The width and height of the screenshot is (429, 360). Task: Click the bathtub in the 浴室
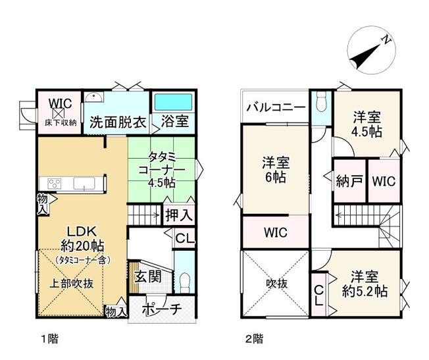coord(174,103)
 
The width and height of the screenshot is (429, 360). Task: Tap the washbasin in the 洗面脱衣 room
coord(94,97)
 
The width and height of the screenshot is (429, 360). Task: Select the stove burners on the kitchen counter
coord(54,183)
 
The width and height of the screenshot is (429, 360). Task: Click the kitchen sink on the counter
coord(84,183)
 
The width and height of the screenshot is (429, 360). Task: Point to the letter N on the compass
coord(386,40)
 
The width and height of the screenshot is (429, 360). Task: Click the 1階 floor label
coord(49,339)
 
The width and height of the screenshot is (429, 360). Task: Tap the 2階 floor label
coord(254,339)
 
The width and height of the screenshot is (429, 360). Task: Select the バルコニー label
coord(276,107)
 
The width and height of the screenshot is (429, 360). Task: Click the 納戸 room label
coord(349,181)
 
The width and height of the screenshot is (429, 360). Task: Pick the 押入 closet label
coord(179,215)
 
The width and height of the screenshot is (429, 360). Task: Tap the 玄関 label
coord(147,277)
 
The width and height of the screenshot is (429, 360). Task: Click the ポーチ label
coord(162,309)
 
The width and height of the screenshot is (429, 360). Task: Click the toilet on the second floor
coord(321,101)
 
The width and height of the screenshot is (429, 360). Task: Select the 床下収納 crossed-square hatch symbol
coord(60,113)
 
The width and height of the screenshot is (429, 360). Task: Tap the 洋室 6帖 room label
coord(276,170)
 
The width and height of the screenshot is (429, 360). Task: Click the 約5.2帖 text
coord(365,292)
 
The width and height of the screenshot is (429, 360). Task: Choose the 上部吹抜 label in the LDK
coord(72,284)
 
